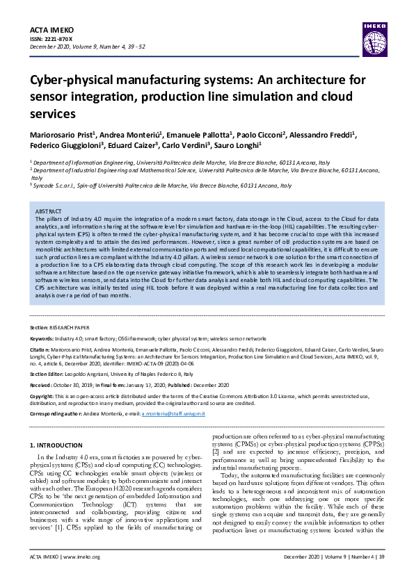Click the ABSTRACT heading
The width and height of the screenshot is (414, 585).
click(x=48, y=211)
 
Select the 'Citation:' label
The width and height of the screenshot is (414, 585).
click(x=40, y=349)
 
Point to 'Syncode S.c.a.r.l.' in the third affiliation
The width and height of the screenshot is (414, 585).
click(x=57, y=186)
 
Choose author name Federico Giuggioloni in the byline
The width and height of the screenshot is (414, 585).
click(x=65, y=146)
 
